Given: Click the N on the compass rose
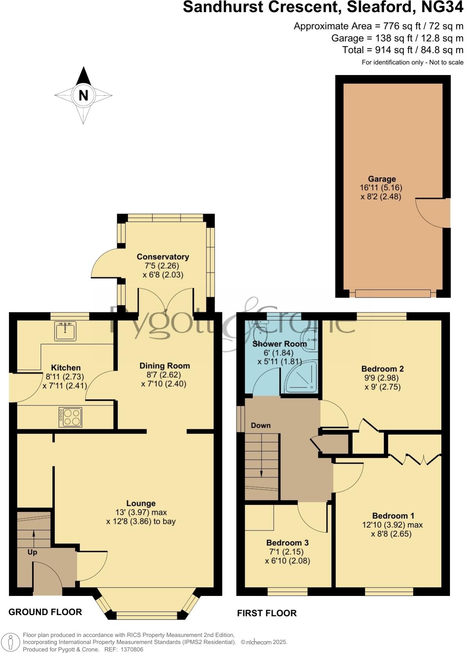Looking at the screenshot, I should [83, 95].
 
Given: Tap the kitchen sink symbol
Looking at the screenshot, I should [65, 331].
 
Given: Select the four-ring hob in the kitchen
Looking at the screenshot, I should [70, 417].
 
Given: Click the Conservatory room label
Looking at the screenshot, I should [163, 257].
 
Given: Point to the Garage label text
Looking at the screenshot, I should [382, 179].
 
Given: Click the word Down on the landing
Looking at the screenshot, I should [260, 425].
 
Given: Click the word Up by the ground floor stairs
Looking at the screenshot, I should [32, 552].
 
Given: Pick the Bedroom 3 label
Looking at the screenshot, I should [287, 542].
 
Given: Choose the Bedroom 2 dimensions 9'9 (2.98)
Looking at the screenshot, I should [382, 378].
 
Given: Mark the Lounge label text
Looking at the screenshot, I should [141, 503].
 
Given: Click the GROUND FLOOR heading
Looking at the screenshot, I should [45, 612].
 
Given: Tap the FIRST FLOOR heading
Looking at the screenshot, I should [267, 613].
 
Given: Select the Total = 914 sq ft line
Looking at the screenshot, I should [403, 50].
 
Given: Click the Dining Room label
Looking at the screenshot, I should [165, 366].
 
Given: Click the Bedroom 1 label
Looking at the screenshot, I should [393, 516].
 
